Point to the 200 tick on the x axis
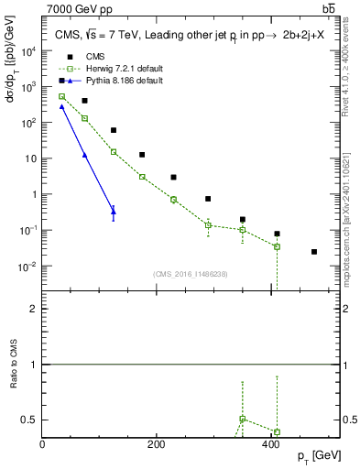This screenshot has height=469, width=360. pyautogui.click(x=156, y=445)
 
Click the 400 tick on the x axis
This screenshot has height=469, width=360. pyautogui.click(x=270, y=445)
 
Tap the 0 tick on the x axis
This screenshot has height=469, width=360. pyautogui.click(x=42, y=445)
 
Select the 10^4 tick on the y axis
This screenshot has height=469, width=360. pyautogui.click(x=28, y=51)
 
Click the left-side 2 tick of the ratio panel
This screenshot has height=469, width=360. pyautogui.click(x=35, y=309)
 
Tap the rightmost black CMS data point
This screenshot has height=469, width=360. pyautogui.click(x=314, y=252)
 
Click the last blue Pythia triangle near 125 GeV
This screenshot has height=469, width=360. pyautogui.click(x=114, y=210)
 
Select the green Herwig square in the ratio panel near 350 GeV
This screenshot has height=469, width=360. pyautogui.click(x=242, y=419)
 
